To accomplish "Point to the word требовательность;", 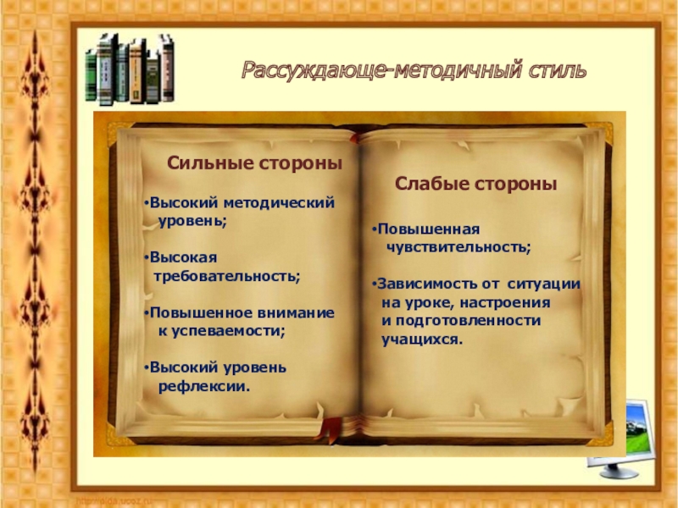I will click(226, 276).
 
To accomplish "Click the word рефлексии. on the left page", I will click(205, 386).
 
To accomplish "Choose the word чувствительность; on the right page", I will click(458, 247).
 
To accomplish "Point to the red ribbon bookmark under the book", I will click(325, 433).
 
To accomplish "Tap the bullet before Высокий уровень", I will click(146, 368).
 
